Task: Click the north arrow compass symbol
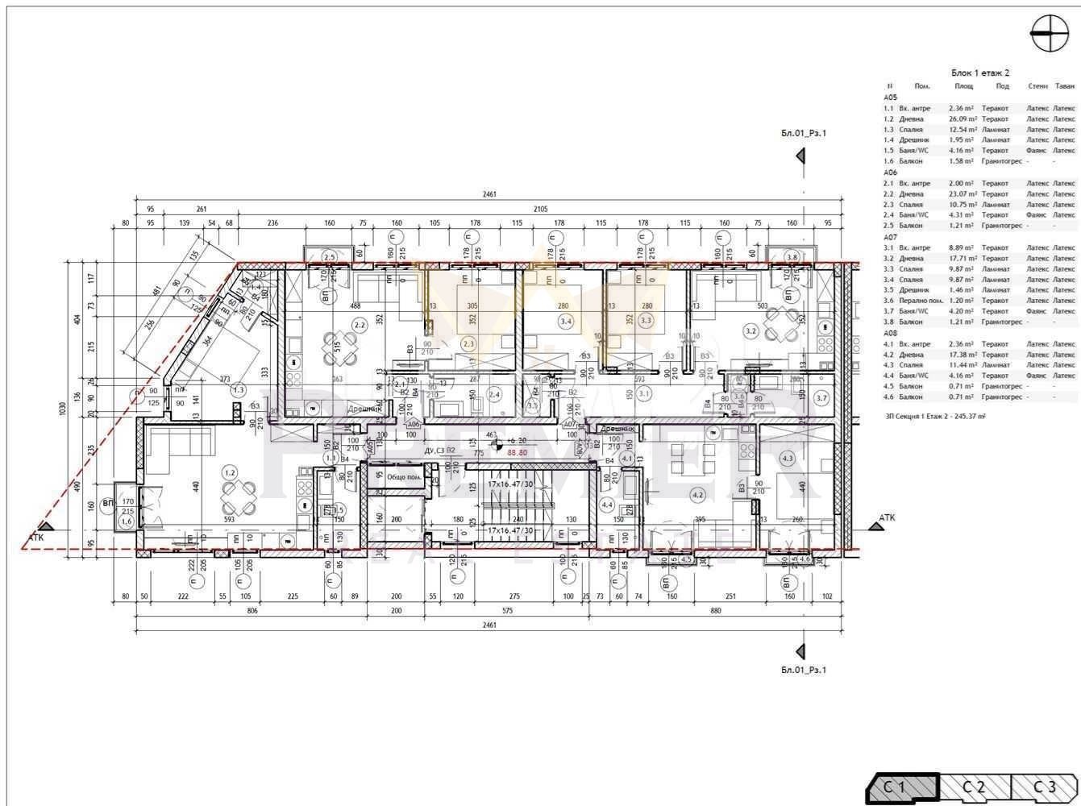point(1048,35)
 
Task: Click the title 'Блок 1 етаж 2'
point(980,73)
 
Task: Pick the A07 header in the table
point(890,237)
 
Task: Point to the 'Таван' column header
point(1064,85)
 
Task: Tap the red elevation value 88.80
point(517,452)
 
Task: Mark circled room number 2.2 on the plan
point(360,326)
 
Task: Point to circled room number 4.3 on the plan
point(788,458)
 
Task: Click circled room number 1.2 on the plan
point(230,472)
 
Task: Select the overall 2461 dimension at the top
point(489,194)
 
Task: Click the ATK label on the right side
point(887,517)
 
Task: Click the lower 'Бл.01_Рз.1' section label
point(804,669)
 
